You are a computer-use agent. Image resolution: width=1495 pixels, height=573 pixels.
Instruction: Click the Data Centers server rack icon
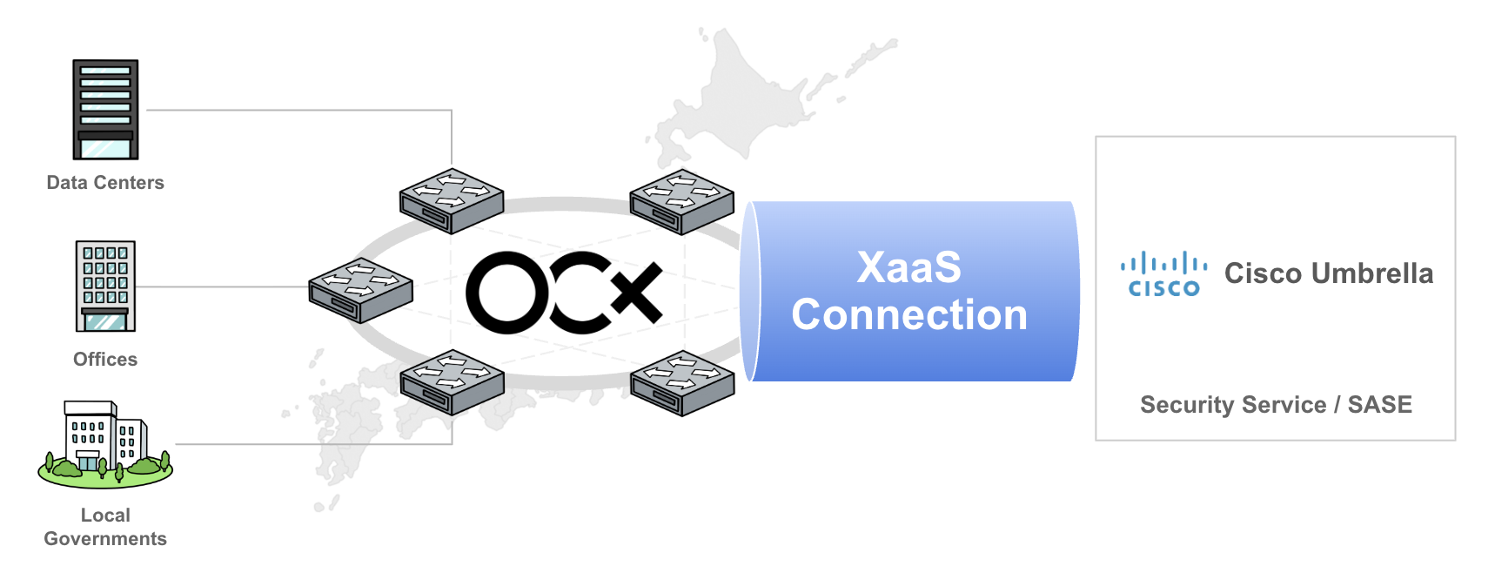click(105, 110)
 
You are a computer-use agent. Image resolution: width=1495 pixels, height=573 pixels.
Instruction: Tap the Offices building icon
click(105, 286)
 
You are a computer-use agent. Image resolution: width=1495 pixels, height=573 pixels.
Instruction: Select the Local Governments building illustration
click(105, 444)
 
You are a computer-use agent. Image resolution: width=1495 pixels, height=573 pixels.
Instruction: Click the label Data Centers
click(105, 183)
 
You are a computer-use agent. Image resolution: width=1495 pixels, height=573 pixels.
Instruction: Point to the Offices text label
click(105, 360)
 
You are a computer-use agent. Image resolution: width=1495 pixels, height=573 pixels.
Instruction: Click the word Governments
click(105, 539)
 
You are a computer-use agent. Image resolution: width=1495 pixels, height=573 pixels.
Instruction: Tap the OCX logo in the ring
click(564, 293)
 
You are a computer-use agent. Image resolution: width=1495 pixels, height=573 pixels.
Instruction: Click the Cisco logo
click(1163, 274)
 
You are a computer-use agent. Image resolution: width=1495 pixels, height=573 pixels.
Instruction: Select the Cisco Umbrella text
click(1329, 273)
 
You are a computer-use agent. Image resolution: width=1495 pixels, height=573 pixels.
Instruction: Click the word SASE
click(1380, 405)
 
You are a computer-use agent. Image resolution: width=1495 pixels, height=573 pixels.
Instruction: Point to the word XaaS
click(909, 267)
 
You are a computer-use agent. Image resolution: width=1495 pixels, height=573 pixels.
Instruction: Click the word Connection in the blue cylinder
click(909, 314)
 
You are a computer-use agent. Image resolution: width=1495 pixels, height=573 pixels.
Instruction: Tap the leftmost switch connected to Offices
click(361, 290)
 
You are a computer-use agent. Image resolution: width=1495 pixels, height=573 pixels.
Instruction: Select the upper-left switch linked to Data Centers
click(452, 201)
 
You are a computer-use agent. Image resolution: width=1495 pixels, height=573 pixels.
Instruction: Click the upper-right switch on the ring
click(682, 201)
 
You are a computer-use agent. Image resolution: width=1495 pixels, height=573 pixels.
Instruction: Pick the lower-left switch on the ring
click(452, 382)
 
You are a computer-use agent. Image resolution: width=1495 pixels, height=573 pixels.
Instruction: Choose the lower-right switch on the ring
click(682, 382)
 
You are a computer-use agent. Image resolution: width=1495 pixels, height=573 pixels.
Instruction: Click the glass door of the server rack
click(105, 149)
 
